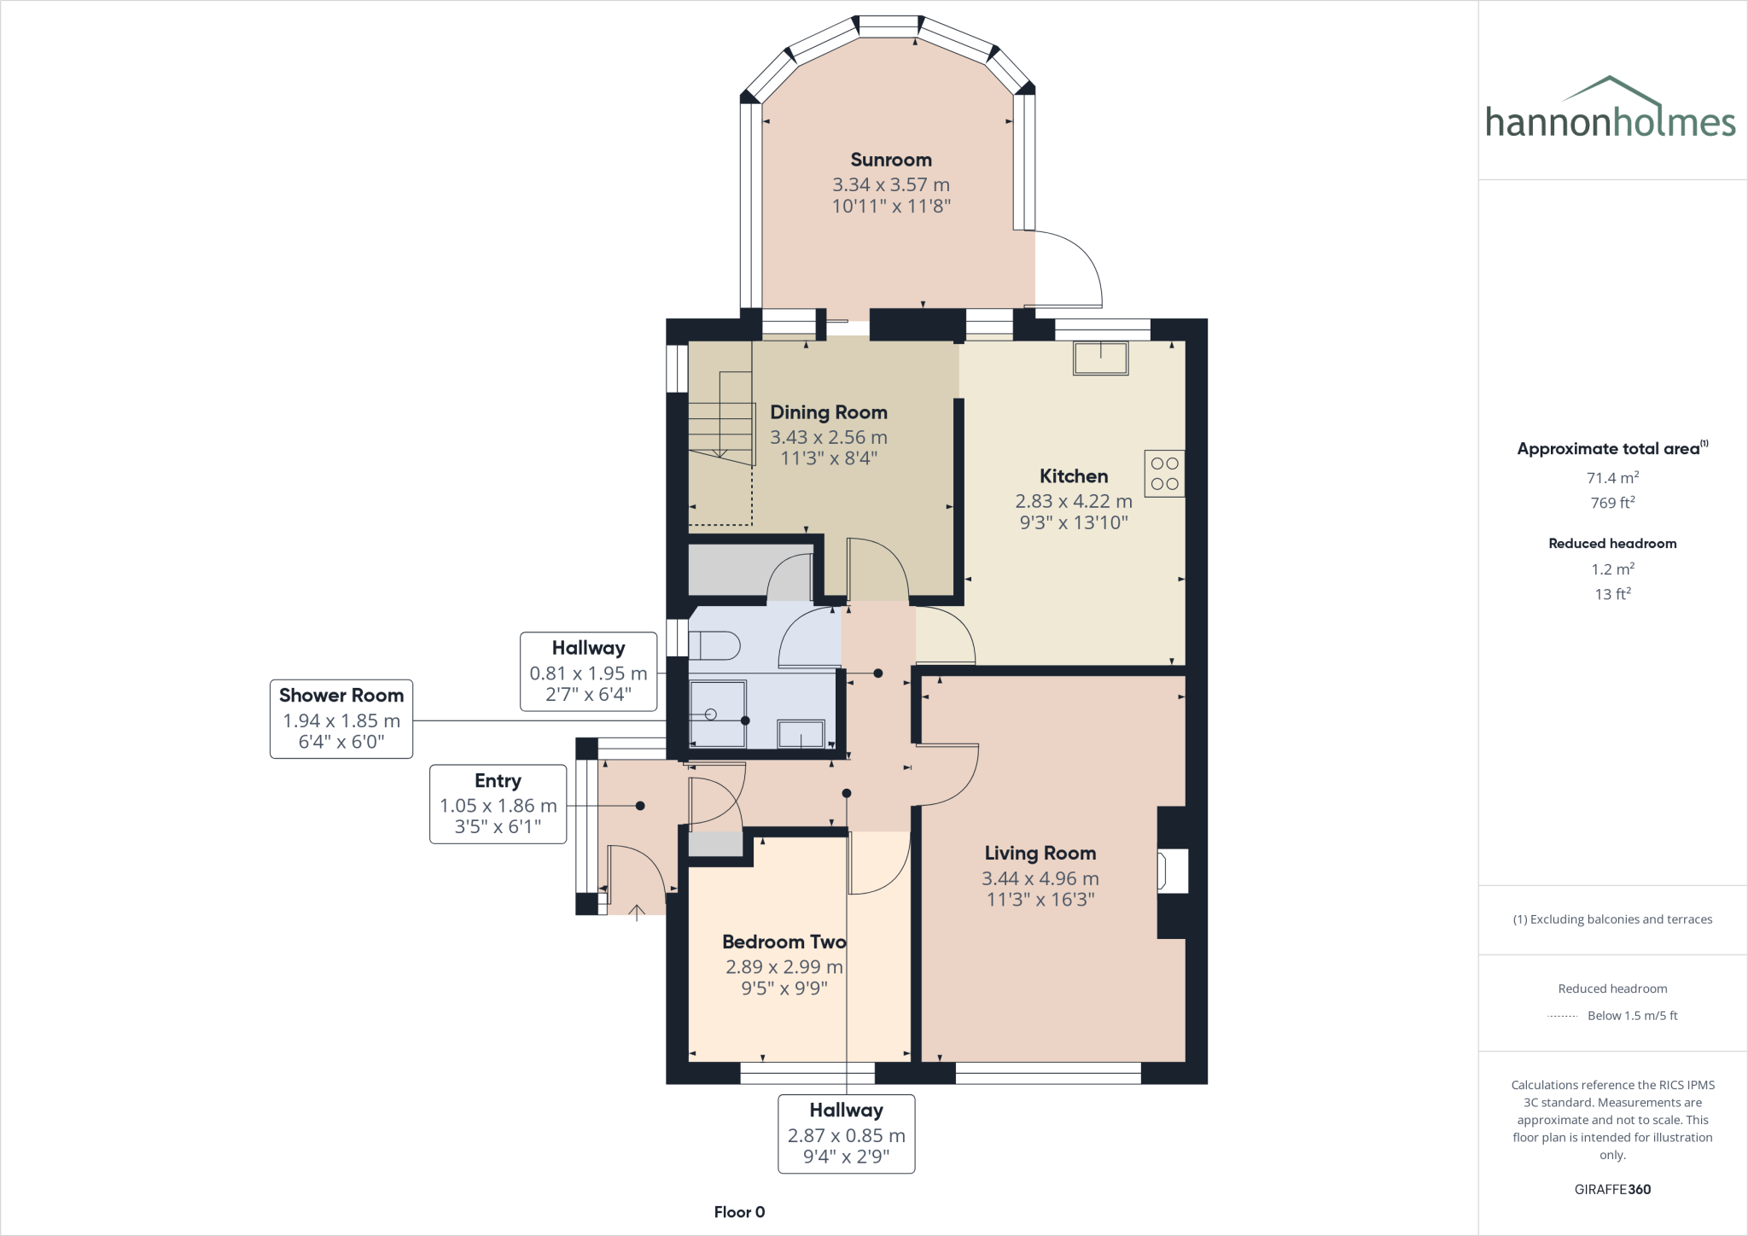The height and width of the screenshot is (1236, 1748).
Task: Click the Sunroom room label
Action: click(x=890, y=160)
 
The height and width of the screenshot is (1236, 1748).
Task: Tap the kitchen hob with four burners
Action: click(x=1164, y=474)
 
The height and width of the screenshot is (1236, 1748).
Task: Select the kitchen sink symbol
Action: click(x=1101, y=359)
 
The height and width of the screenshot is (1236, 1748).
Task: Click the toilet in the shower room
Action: click(x=714, y=645)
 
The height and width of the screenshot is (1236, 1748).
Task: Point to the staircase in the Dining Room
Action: click(x=721, y=418)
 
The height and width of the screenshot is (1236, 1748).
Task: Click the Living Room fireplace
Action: click(x=1171, y=872)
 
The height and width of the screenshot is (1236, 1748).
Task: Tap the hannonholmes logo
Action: click(x=1611, y=110)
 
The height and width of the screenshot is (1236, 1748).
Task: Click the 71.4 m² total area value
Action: click(x=1612, y=478)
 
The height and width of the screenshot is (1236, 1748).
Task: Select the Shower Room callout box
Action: click(x=341, y=719)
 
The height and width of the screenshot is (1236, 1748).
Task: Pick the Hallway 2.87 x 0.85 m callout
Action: click(x=846, y=1134)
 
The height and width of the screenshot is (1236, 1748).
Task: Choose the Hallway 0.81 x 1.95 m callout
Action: click(x=588, y=672)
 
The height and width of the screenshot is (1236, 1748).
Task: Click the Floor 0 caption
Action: click(x=739, y=1212)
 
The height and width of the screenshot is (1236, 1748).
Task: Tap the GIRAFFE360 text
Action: click(x=1612, y=1189)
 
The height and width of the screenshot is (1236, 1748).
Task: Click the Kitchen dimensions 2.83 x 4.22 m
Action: click(x=1073, y=502)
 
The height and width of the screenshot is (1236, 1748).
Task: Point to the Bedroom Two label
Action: click(x=784, y=942)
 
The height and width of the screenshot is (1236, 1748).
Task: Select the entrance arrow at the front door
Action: click(x=637, y=912)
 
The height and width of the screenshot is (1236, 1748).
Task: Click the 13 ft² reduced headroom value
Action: click(x=1612, y=594)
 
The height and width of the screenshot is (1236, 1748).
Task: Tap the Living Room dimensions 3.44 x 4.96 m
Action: click(x=1040, y=878)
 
